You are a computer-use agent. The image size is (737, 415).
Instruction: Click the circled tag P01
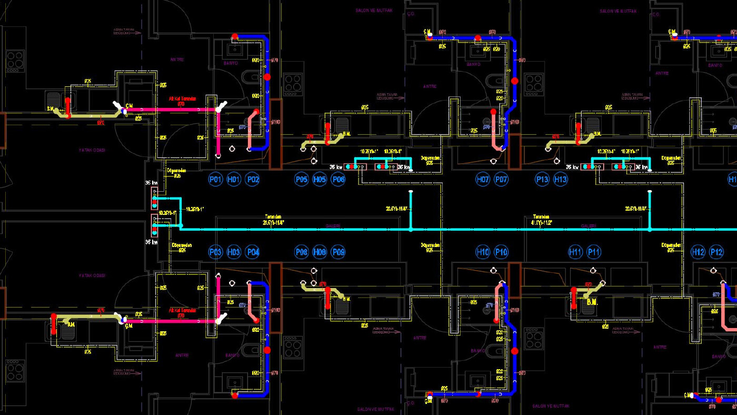pos(216,180)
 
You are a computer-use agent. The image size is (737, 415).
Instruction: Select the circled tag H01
pos(234,180)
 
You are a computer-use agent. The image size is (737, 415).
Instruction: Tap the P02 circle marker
pos(253,180)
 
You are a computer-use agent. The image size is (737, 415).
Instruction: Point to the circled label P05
pos(301,180)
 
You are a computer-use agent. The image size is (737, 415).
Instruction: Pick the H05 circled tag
pos(320,180)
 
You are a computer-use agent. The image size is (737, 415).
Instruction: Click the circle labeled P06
pos(338,180)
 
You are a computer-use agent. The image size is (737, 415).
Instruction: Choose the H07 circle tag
pos(483,180)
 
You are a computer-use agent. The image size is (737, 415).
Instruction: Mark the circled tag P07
pos(501,180)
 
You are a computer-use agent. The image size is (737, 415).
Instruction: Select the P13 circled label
pos(542,180)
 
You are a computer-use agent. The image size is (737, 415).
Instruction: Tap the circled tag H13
pos(561,180)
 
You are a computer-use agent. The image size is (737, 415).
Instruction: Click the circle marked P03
pos(216,252)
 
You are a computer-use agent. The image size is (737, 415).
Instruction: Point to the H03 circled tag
pos(234,252)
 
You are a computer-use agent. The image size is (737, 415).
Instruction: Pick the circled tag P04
pos(253,252)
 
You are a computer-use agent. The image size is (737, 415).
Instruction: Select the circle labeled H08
pos(320,252)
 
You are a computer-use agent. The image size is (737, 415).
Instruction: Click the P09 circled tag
pos(338,252)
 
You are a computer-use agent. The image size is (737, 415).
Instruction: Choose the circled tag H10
pos(483,252)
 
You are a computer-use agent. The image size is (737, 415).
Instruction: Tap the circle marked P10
pos(501,252)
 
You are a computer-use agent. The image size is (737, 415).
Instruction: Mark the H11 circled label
pos(575,252)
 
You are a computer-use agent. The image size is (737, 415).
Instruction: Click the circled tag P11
pos(594,252)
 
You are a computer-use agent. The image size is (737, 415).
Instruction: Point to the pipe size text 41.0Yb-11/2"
pos(541,222)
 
